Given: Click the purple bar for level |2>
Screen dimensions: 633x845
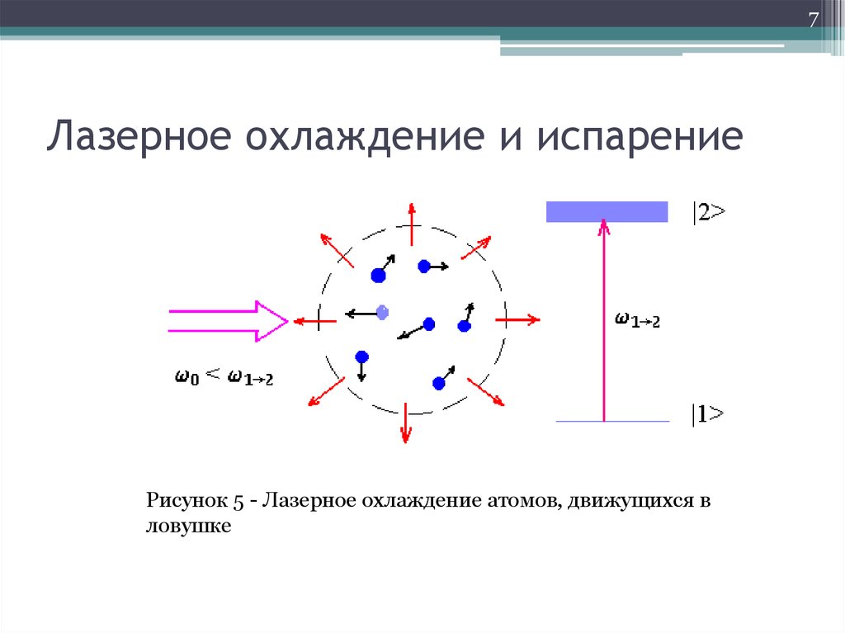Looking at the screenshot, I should [x=607, y=211].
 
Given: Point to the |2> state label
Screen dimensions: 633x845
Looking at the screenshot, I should [x=709, y=212].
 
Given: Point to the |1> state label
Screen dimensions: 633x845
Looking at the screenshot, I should [x=708, y=413].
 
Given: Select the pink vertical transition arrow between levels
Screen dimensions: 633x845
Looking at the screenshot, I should [x=604, y=322].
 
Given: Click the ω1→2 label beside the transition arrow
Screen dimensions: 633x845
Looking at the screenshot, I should [x=637, y=320].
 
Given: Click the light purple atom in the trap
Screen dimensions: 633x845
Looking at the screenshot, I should [x=381, y=312].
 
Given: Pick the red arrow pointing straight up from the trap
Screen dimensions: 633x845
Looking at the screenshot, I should [x=410, y=224].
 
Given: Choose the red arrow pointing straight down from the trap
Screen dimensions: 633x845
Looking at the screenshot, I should [x=405, y=423].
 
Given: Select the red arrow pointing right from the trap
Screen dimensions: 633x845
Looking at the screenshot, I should [x=518, y=319].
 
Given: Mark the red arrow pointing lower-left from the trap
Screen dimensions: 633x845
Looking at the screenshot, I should [x=324, y=390].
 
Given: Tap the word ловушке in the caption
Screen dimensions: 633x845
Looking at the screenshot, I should [x=188, y=526].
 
